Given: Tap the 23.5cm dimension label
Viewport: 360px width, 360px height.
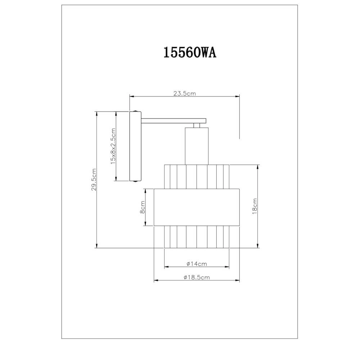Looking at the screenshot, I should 184,94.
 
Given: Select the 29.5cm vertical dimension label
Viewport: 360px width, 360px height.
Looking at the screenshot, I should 94,179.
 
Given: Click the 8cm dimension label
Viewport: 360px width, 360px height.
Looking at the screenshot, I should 143,208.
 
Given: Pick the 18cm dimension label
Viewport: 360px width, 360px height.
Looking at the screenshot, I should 255,206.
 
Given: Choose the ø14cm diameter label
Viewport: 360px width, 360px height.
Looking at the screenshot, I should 197,264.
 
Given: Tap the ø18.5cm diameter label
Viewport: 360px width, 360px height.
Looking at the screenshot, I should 197,277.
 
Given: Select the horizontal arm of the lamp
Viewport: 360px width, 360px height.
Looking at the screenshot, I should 173,121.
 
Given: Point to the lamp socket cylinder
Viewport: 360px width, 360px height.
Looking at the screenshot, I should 197,146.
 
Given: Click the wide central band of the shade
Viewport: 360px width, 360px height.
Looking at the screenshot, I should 197,207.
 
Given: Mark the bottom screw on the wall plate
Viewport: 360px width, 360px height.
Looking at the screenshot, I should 135,182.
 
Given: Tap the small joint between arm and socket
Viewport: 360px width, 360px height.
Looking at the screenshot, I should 197,126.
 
